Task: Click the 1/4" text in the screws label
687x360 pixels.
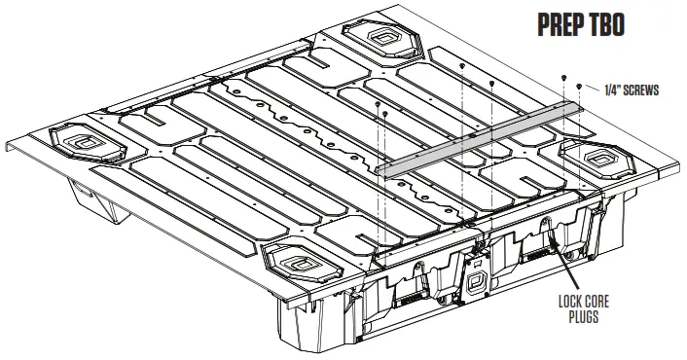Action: [x=602, y=90]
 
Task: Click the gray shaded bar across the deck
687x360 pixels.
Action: [x=476, y=139]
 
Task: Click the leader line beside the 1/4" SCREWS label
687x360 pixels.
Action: [x=588, y=90]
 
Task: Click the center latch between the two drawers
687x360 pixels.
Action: [x=478, y=283]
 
